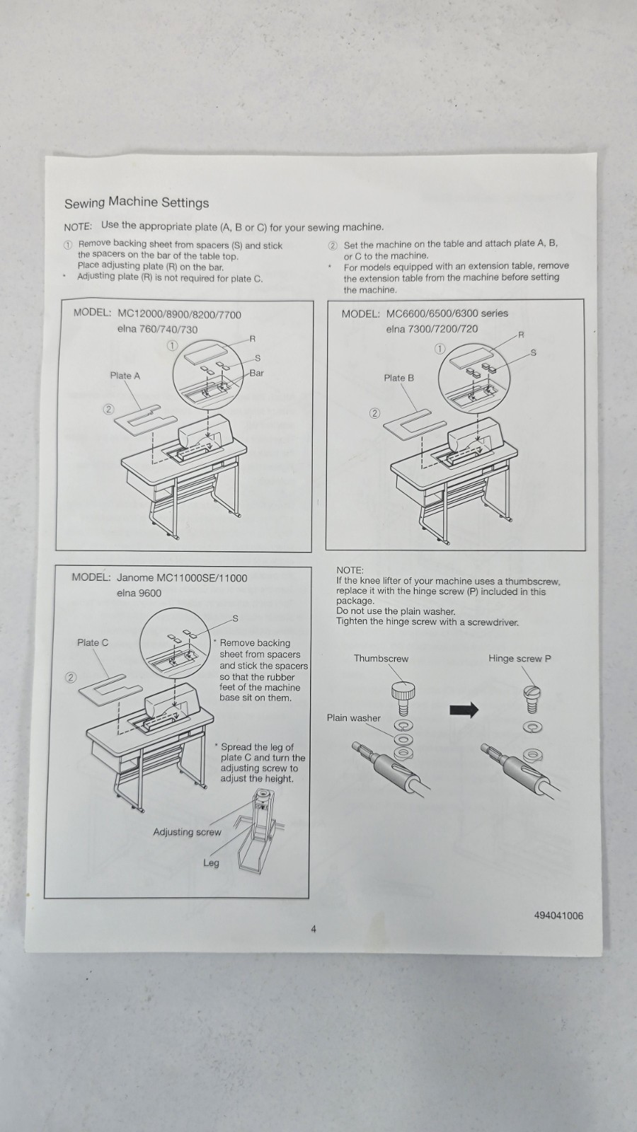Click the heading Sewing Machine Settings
point(137,203)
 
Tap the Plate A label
point(125,376)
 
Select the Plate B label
point(398,378)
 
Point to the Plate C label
point(93,642)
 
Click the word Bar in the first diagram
point(256,373)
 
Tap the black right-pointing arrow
point(464,710)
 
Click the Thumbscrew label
point(381,658)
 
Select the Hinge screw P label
point(520,658)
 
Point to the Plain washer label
point(353,717)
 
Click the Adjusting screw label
point(187,832)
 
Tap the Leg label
point(211,863)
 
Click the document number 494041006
point(558,916)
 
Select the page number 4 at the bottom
point(314,929)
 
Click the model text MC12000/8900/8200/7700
point(179,315)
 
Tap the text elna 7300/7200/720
point(432,329)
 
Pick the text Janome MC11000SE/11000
point(182,578)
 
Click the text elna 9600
point(139,593)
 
